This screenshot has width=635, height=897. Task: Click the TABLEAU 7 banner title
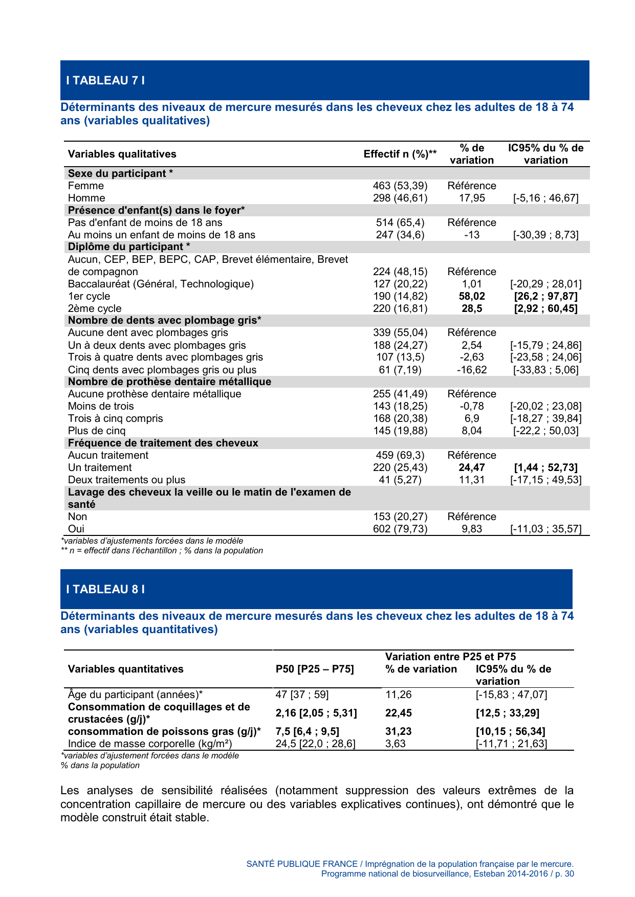pos(105,80)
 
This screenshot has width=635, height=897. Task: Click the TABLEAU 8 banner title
pos(105,589)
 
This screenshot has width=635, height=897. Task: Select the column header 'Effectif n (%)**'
pos(400,154)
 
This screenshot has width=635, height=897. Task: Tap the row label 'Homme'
pos(86,198)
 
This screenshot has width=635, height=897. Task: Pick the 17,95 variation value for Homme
pos(472,198)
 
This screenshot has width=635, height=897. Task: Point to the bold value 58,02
pos(472,296)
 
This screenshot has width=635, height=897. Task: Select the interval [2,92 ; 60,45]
pos(545,308)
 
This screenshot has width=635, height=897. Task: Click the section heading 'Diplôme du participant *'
pos(129,246)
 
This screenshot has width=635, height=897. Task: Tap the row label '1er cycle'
pos(89,296)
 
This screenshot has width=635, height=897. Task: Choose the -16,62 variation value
pos(472,370)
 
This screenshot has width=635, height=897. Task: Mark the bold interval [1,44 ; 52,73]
pos(545,467)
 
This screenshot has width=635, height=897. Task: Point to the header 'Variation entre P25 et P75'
pos(450,657)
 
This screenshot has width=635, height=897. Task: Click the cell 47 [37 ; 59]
pos(302,694)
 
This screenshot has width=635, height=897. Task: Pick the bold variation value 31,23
pos(398,731)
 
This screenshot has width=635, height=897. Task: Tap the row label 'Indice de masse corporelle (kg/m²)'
pos(150,744)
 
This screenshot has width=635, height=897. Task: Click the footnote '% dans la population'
pos(100,766)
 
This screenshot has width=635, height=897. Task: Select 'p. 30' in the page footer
pos(564,873)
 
